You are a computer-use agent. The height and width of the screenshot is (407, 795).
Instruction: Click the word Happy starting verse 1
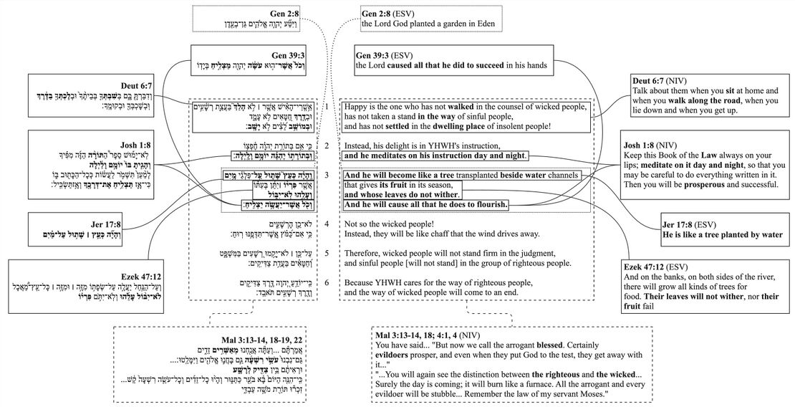(358, 107)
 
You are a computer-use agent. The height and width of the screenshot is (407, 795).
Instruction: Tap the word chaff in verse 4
(463, 234)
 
